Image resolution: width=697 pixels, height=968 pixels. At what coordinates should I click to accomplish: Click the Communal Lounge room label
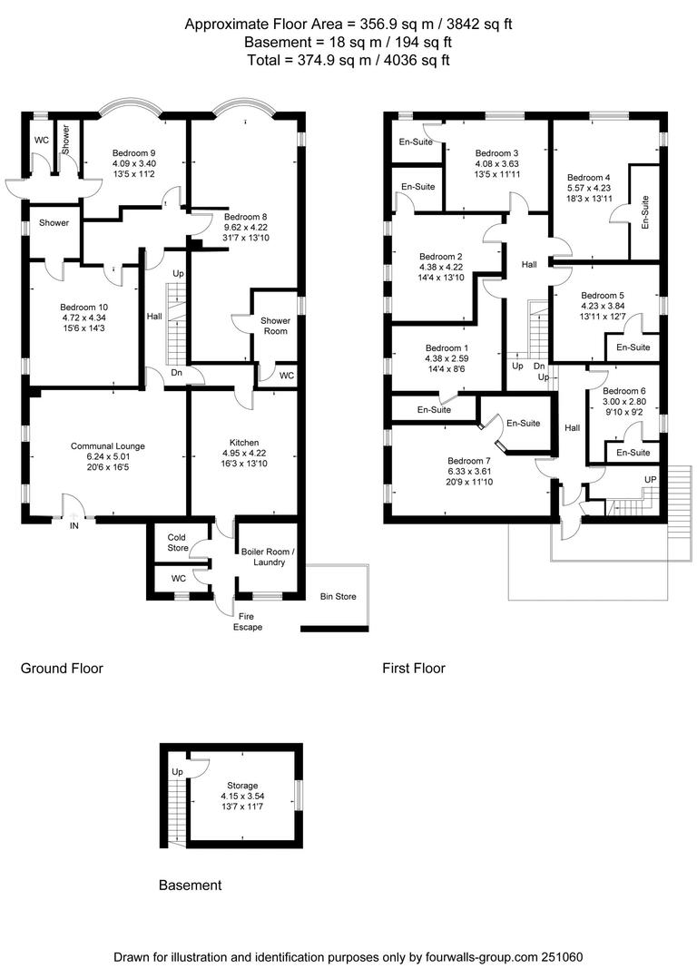(108, 445)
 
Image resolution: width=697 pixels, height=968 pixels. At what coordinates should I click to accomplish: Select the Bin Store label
(338, 596)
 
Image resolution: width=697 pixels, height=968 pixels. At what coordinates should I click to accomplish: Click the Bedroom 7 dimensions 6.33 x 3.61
(470, 472)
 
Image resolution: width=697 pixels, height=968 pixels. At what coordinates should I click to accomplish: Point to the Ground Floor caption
(62, 669)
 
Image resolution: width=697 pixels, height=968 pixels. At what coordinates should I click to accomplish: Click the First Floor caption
(414, 669)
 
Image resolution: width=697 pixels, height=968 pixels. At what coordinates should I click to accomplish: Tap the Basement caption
(190, 885)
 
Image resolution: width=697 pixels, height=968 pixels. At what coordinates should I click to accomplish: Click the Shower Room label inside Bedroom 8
(275, 326)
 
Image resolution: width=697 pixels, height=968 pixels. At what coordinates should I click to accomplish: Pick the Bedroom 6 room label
(624, 391)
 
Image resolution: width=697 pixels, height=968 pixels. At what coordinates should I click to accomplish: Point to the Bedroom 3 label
(496, 152)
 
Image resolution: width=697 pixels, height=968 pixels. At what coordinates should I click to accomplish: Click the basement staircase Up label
(177, 771)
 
